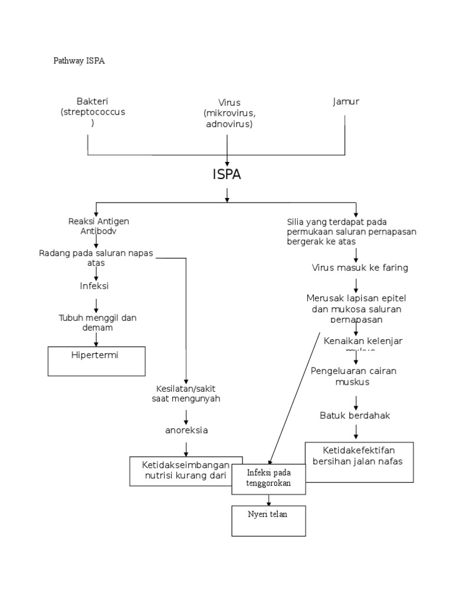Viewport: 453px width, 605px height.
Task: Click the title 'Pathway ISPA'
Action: coord(79,61)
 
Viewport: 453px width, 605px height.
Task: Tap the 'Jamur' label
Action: coord(346,102)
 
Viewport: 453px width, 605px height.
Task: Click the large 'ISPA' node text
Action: coord(227,175)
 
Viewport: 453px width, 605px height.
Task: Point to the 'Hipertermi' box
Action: coord(97,360)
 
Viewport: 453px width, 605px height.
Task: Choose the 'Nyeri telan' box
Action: coord(268,521)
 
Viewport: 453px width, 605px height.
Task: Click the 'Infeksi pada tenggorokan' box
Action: coord(268,479)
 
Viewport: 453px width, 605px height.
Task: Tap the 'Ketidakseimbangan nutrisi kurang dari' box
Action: coord(186,470)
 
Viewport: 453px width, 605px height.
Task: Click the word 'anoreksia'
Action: coord(186,430)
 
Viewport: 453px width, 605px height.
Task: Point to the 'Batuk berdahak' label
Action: coord(355,415)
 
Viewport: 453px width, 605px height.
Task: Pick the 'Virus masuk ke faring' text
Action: coord(360,268)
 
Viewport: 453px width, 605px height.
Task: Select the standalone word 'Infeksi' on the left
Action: coord(95,286)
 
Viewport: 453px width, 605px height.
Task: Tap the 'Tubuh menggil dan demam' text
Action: coord(97,323)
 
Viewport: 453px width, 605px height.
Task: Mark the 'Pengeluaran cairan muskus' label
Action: coord(354,376)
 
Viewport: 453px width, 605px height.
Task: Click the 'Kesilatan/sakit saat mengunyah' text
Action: coord(186,393)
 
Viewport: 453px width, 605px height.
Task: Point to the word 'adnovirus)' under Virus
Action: coord(229,124)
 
